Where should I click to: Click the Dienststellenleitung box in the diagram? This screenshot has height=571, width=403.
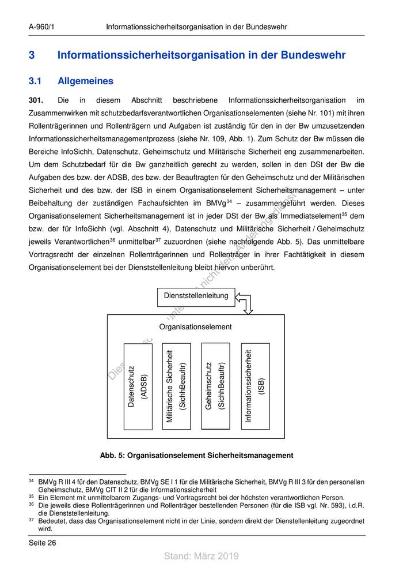[196, 296]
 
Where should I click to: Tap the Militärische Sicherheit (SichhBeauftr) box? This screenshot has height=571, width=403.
[176, 386]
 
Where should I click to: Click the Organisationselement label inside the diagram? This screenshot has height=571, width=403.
[196, 327]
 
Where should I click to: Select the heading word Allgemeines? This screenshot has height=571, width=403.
[85, 81]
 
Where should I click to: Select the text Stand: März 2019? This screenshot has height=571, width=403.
[201, 556]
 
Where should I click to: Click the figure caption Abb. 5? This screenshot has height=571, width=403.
[196, 456]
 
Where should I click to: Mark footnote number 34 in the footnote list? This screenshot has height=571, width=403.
[32, 481]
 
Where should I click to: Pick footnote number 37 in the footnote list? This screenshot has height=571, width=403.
[32, 521]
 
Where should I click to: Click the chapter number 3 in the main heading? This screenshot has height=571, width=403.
[32, 56]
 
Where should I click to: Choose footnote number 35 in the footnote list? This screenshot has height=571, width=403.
[32, 497]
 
